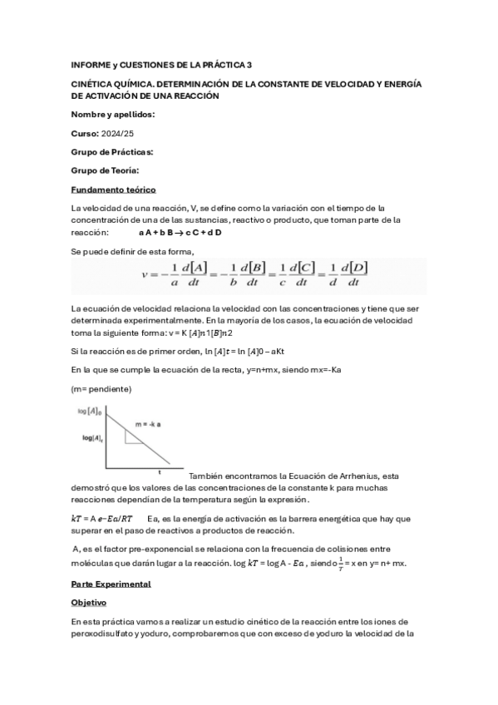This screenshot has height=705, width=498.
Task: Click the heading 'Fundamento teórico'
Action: pyautogui.click(x=113, y=190)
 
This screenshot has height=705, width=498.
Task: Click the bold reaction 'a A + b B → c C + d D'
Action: pyautogui.click(x=180, y=233)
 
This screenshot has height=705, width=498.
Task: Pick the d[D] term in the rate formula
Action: pyautogui.click(x=353, y=266)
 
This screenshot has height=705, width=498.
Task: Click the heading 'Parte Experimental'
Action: pyautogui.click(x=111, y=584)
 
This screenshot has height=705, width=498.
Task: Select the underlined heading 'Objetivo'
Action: pyautogui.click(x=90, y=603)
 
